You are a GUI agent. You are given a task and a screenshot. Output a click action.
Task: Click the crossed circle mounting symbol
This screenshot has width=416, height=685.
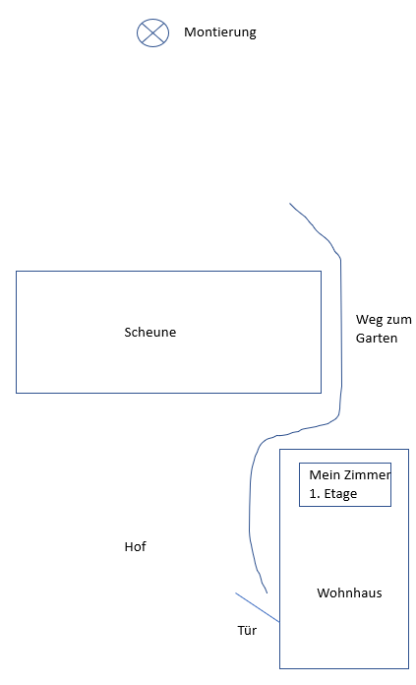click(x=152, y=32)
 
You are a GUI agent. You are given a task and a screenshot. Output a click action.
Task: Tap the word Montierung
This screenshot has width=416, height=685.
click(x=220, y=32)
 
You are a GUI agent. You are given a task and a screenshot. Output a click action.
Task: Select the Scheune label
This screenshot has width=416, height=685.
click(x=150, y=332)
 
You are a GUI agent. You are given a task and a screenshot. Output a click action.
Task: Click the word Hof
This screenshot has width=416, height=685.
click(x=136, y=546)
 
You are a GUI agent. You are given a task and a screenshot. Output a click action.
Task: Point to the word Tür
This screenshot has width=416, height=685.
click(x=247, y=631)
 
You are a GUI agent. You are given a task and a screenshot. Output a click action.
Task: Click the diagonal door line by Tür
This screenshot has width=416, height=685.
click(x=258, y=607)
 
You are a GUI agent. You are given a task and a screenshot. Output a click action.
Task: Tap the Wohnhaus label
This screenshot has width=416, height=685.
click(x=349, y=592)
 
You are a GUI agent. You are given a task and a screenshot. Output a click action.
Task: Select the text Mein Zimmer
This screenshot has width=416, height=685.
click(x=350, y=474)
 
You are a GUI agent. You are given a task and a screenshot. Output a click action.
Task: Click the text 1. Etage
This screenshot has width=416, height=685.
click(x=333, y=494)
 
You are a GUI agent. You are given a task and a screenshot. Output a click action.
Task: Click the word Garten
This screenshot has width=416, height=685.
click(x=377, y=339)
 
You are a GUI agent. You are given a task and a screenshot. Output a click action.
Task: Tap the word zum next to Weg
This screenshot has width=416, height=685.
click(x=399, y=320)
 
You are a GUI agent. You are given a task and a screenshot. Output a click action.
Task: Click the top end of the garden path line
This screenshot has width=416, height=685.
click(x=289, y=203)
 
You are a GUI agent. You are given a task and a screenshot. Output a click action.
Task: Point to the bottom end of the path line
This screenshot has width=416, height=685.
click(x=267, y=592)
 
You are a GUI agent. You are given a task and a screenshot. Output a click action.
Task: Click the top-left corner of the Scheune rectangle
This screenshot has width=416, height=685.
click(x=16, y=272)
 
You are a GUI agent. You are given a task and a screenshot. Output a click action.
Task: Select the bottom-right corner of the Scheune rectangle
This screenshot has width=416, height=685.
click(x=322, y=393)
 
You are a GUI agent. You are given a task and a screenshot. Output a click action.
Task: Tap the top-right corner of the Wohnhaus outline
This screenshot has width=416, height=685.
click(x=408, y=449)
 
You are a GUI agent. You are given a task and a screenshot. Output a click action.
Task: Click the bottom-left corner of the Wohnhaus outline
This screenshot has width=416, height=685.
click(x=280, y=668)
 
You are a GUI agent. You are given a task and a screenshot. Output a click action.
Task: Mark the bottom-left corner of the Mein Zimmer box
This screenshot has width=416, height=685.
click(x=299, y=506)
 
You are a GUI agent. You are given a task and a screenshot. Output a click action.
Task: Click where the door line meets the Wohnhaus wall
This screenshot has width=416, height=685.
click(x=280, y=622)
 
